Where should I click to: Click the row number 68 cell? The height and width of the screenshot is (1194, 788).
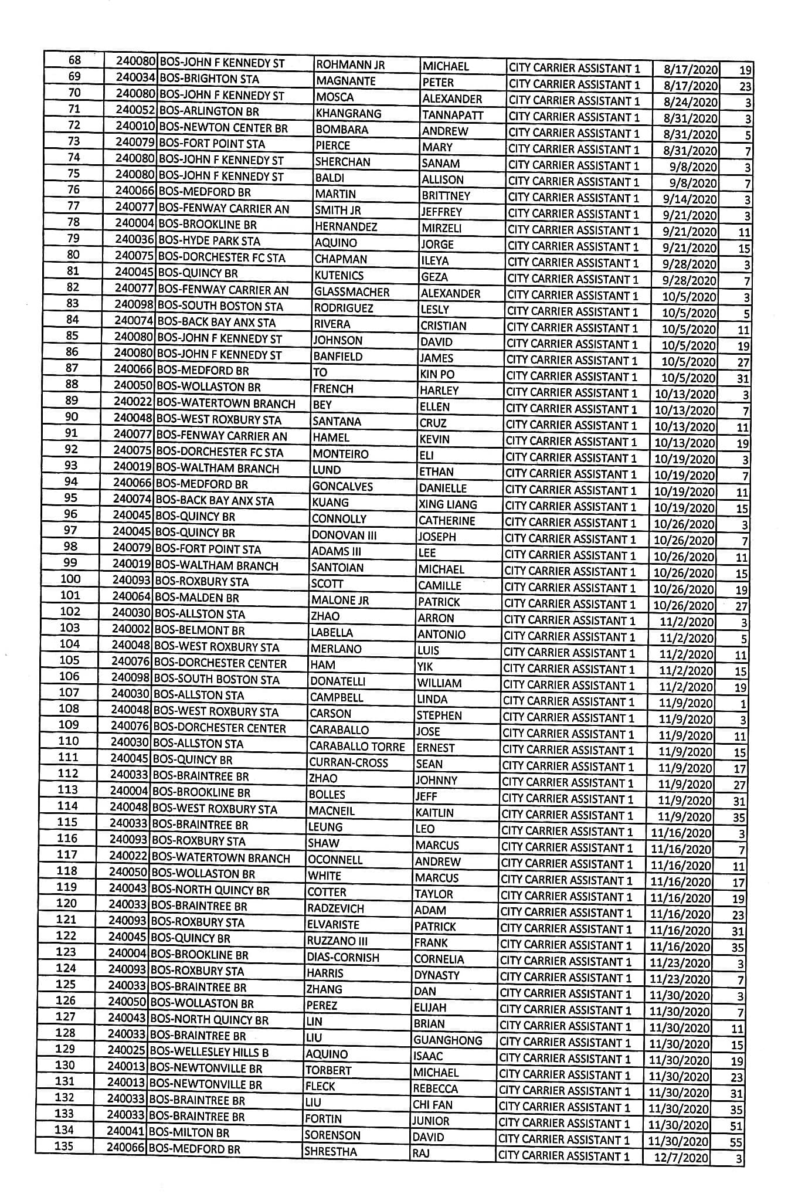pos(75,60)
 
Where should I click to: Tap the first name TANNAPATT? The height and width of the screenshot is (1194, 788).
pos(453,115)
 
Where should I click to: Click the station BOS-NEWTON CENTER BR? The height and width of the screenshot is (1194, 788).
pos(223,128)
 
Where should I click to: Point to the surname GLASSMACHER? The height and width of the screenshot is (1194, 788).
pos(351,291)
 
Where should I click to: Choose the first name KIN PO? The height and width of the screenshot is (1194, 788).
pos(437,374)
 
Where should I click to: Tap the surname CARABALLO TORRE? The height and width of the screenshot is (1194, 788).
pos(357,747)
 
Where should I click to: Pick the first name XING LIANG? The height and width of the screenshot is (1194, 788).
pos(447,504)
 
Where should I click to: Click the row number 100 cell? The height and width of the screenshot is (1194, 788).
pos(70,579)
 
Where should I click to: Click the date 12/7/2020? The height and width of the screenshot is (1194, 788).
pos(685,1158)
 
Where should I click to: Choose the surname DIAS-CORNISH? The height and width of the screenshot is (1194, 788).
pos(343,957)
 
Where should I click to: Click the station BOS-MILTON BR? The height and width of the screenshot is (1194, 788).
pos(189,1132)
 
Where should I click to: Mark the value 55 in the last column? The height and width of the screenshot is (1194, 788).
pos(736,1142)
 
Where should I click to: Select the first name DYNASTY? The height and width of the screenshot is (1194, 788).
pos(436,975)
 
